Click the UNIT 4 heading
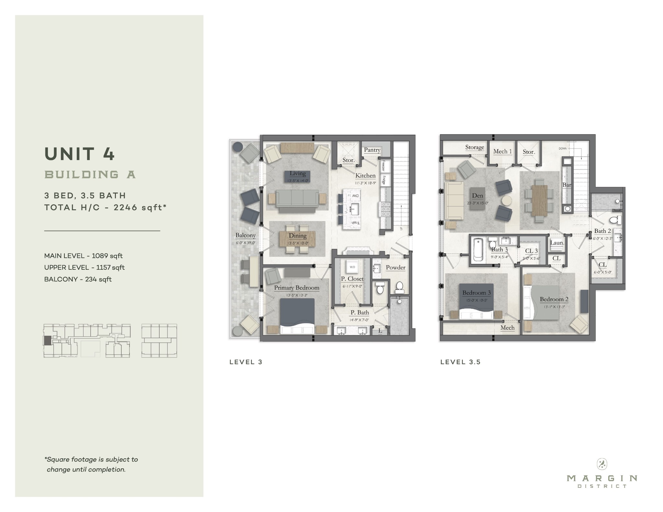tap(80, 154)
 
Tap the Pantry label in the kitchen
tap(372, 150)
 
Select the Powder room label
tap(395, 267)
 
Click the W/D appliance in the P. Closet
tap(352, 267)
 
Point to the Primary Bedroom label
tap(297, 288)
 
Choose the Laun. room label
tap(557, 243)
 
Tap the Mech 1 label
tap(502, 151)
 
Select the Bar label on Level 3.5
tap(567, 185)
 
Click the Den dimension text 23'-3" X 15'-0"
tap(478, 203)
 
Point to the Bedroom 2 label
tap(554, 300)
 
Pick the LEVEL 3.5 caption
tap(460, 362)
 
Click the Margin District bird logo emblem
tap(602, 464)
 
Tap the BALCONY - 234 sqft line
tap(78, 279)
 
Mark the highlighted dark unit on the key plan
tap(47, 341)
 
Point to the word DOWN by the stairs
tap(563, 148)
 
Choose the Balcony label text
tap(245, 235)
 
